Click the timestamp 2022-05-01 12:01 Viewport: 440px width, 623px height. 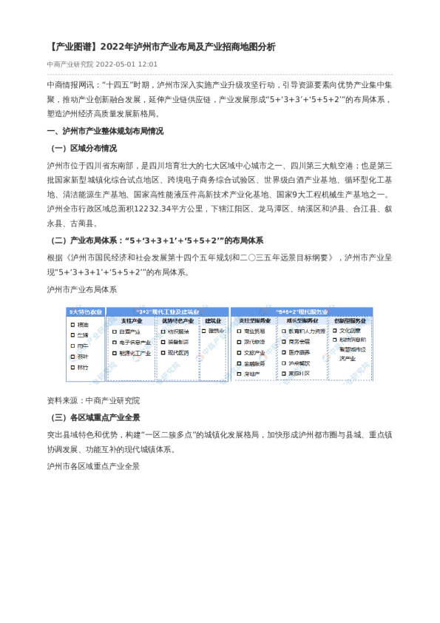126,64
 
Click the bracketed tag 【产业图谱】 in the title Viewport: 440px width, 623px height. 71,47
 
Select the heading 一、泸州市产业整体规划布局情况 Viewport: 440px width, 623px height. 104,131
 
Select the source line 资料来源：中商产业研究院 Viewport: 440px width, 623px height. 92,400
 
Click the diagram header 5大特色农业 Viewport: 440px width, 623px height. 85,311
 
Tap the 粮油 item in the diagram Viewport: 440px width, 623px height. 83,325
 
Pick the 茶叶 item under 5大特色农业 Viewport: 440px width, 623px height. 83,357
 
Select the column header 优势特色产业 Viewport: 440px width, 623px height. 177,321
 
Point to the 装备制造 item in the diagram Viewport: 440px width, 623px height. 177,343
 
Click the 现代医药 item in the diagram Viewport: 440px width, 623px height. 177,353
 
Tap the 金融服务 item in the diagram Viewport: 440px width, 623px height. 254,364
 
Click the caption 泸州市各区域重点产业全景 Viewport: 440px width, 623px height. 92,467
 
